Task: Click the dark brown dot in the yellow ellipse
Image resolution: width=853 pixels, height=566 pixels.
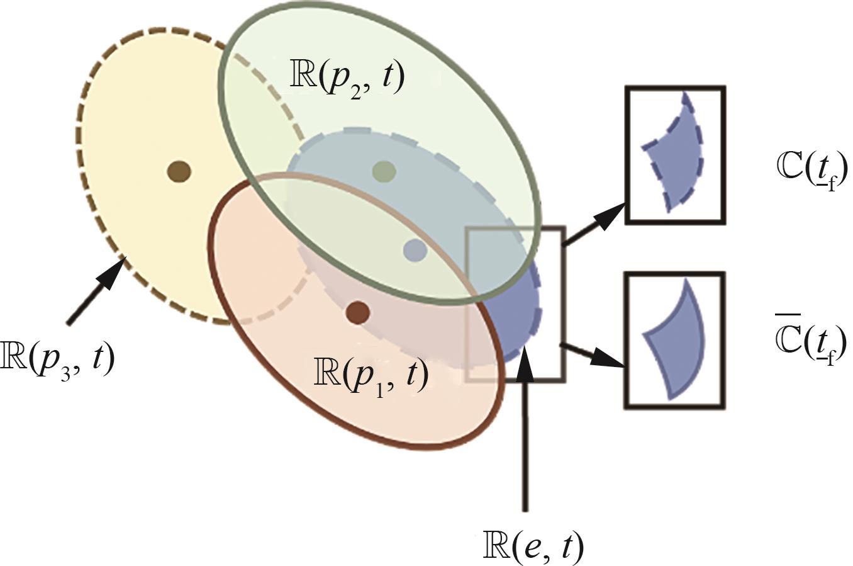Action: [180, 170]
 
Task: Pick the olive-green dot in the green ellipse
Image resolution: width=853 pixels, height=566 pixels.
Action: [383, 170]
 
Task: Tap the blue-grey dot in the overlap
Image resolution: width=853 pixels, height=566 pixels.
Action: [415, 250]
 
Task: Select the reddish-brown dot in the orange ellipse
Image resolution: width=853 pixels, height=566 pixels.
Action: [357, 312]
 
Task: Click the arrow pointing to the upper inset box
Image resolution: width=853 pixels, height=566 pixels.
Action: [594, 224]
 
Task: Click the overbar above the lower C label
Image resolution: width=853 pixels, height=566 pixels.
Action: [787, 315]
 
